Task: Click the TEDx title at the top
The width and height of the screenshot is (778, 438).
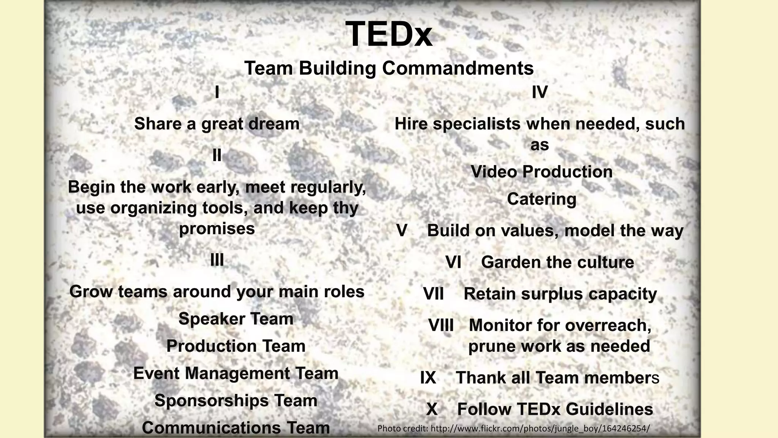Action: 389,34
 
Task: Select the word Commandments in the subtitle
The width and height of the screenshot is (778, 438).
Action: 458,68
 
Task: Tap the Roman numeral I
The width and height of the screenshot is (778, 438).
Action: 217,92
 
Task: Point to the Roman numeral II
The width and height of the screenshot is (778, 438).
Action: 217,155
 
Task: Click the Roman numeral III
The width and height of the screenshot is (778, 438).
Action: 217,260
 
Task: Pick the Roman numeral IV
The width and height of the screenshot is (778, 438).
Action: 539,92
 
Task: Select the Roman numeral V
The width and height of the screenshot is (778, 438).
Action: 402,230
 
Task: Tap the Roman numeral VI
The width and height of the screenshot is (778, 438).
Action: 453,262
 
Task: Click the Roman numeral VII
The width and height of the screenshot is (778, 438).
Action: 433,294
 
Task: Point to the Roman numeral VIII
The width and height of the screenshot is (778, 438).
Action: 441,325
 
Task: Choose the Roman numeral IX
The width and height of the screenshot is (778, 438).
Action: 428,378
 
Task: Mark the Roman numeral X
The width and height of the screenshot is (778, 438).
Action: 432,409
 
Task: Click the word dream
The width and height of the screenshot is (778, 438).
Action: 275,124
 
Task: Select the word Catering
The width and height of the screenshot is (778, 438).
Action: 541,199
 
